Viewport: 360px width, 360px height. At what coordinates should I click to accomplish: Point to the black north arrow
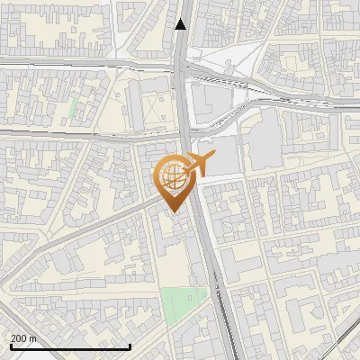pos(181,24)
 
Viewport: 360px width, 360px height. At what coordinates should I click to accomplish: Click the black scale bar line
pos(70,346)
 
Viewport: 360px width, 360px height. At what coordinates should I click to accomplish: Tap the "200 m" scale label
pos(24,338)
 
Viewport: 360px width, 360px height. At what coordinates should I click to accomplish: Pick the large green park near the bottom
pos(185,305)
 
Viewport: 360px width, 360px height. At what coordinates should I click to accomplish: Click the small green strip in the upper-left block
pos(72,108)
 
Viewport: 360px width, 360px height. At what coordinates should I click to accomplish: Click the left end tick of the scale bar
pos(10,346)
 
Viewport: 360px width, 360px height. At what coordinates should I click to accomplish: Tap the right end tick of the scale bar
pos(130,346)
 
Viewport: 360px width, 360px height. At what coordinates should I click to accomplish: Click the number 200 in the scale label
pos(20,338)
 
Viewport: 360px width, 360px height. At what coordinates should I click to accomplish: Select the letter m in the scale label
pos(34,338)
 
